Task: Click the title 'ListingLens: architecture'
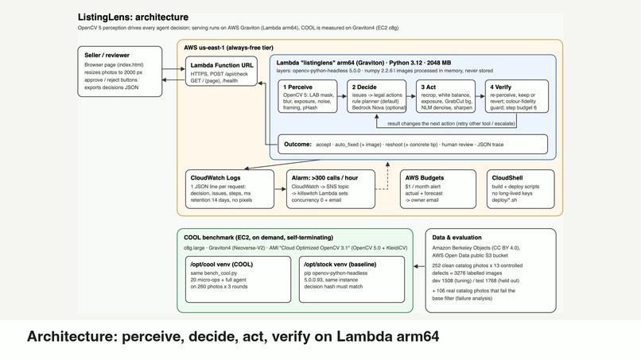pyautogui.click(x=134, y=17)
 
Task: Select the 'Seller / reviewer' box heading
pyautogui.click(x=107, y=55)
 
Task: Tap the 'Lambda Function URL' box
pyautogui.click(x=221, y=71)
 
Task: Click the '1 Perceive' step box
pyautogui.click(x=308, y=96)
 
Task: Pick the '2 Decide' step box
pyautogui.click(x=376, y=96)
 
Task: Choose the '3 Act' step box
pyautogui.click(x=445, y=96)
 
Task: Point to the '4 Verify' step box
pyautogui.click(x=517, y=96)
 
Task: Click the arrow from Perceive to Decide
pyautogui.click(x=342, y=96)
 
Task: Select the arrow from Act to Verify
pyautogui.click(x=480, y=96)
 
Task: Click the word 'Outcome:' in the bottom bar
pyautogui.click(x=297, y=145)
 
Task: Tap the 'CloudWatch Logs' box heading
pyautogui.click(x=216, y=178)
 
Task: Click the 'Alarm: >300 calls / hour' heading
pyautogui.click(x=324, y=178)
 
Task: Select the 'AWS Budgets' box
pyautogui.click(x=438, y=189)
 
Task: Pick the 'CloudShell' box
pyautogui.click(x=520, y=189)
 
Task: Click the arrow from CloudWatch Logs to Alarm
pyautogui.click(x=280, y=189)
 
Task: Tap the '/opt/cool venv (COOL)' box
pyautogui.click(x=238, y=280)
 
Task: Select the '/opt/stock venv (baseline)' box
pyautogui.click(x=352, y=280)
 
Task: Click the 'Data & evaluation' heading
pyautogui.click(x=456, y=238)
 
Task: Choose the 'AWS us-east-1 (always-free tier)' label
pyautogui.click(x=228, y=48)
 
